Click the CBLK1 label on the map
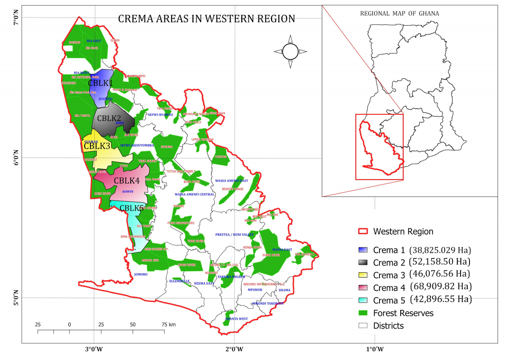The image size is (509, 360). pos(101,83)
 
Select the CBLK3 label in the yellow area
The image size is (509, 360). pos(97,146)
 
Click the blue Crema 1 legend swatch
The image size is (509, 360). pos(362,250)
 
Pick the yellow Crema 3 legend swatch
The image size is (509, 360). pos(362,275)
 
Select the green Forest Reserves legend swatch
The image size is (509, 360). pos(362,313)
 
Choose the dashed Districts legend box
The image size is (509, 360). pos(362,326)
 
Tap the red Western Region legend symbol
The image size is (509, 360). pos(362,231)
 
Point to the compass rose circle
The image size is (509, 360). pos(290,52)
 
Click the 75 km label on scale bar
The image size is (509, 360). pos(168,325)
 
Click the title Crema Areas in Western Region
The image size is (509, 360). pos(206,19)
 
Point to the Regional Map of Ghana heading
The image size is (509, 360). pos(399,13)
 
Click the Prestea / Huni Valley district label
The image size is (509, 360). pos(235,235)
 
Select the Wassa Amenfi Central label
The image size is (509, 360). pos(194,195)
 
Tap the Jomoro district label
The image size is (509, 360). pos(140,274)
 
